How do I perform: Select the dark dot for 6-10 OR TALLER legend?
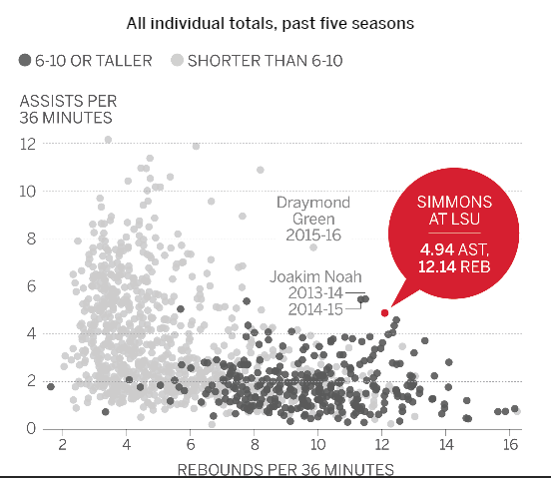[x=24, y=61]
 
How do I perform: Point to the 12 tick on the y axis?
[x=28, y=143]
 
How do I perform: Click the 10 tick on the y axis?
[x=28, y=191]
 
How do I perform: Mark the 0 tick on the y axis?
[x=31, y=429]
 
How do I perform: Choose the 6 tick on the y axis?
[x=31, y=285]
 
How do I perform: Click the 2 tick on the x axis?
[x=62, y=445]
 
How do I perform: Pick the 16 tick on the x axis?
[x=509, y=445]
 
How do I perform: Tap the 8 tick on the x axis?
[x=254, y=445]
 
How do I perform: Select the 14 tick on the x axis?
[x=445, y=445]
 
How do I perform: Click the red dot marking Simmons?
[x=384, y=312]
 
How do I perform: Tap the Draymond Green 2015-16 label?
[x=311, y=218]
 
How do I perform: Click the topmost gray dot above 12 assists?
[x=108, y=140]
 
